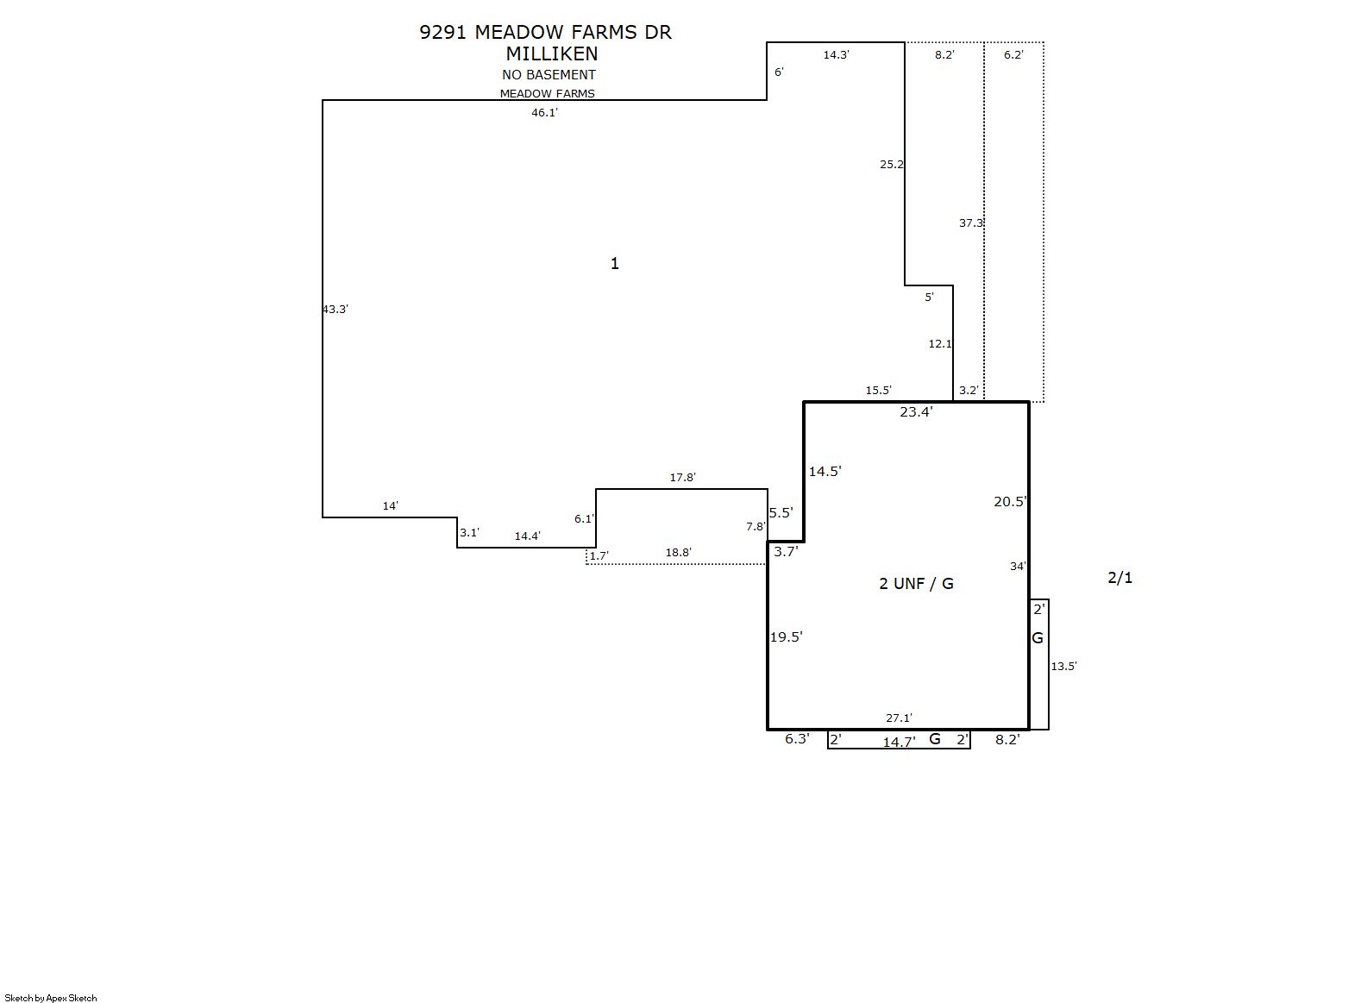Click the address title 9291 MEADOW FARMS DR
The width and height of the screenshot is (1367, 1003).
point(545,32)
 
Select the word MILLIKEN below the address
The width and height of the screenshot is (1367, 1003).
point(552,53)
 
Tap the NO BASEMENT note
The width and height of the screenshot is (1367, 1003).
point(549,74)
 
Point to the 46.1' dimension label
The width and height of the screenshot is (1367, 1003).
point(544,112)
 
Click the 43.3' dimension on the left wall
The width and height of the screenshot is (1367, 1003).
point(335,309)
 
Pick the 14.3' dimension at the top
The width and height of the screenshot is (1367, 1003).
point(836,55)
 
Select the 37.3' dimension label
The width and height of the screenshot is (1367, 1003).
point(971,223)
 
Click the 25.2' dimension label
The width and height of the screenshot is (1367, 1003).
point(892,164)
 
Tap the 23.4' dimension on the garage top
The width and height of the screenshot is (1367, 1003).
point(916,412)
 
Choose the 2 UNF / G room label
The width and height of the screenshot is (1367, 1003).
point(916,583)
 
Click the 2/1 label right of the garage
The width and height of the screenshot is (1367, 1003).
point(1119,577)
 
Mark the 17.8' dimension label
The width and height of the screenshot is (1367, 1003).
point(682,477)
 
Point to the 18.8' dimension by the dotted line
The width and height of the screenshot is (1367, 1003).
point(678,552)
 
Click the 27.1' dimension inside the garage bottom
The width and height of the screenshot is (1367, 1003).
point(899,718)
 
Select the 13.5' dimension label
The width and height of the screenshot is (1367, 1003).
point(1063,667)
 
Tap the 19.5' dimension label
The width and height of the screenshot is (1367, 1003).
point(786,637)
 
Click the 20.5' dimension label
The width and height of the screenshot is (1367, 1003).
point(1010,502)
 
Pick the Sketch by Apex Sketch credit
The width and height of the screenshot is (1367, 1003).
point(51,998)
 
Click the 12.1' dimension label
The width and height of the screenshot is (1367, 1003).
point(940,343)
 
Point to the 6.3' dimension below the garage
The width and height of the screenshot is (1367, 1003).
point(797,738)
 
